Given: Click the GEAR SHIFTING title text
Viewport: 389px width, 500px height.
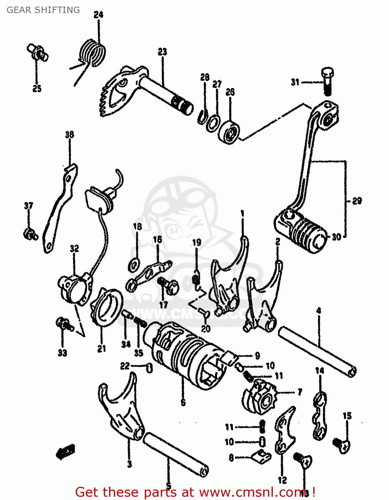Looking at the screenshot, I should (43, 10).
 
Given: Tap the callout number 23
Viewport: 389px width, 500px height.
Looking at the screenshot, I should (162, 52).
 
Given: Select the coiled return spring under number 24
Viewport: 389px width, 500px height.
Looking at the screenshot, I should (93, 53).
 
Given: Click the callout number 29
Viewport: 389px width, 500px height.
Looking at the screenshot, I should (357, 201).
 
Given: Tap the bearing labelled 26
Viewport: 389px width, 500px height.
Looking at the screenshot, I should (229, 132).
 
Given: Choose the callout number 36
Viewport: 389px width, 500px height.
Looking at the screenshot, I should (69, 135).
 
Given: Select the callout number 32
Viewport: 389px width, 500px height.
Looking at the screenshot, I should (74, 248).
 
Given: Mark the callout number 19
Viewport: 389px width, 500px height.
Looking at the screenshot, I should (197, 242).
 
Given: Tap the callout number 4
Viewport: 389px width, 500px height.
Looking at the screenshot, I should (319, 311).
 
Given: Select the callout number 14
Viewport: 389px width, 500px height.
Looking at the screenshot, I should (320, 370).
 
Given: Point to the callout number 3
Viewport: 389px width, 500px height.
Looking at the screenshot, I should (129, 464).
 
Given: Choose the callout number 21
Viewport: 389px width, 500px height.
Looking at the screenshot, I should (101, 349).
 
